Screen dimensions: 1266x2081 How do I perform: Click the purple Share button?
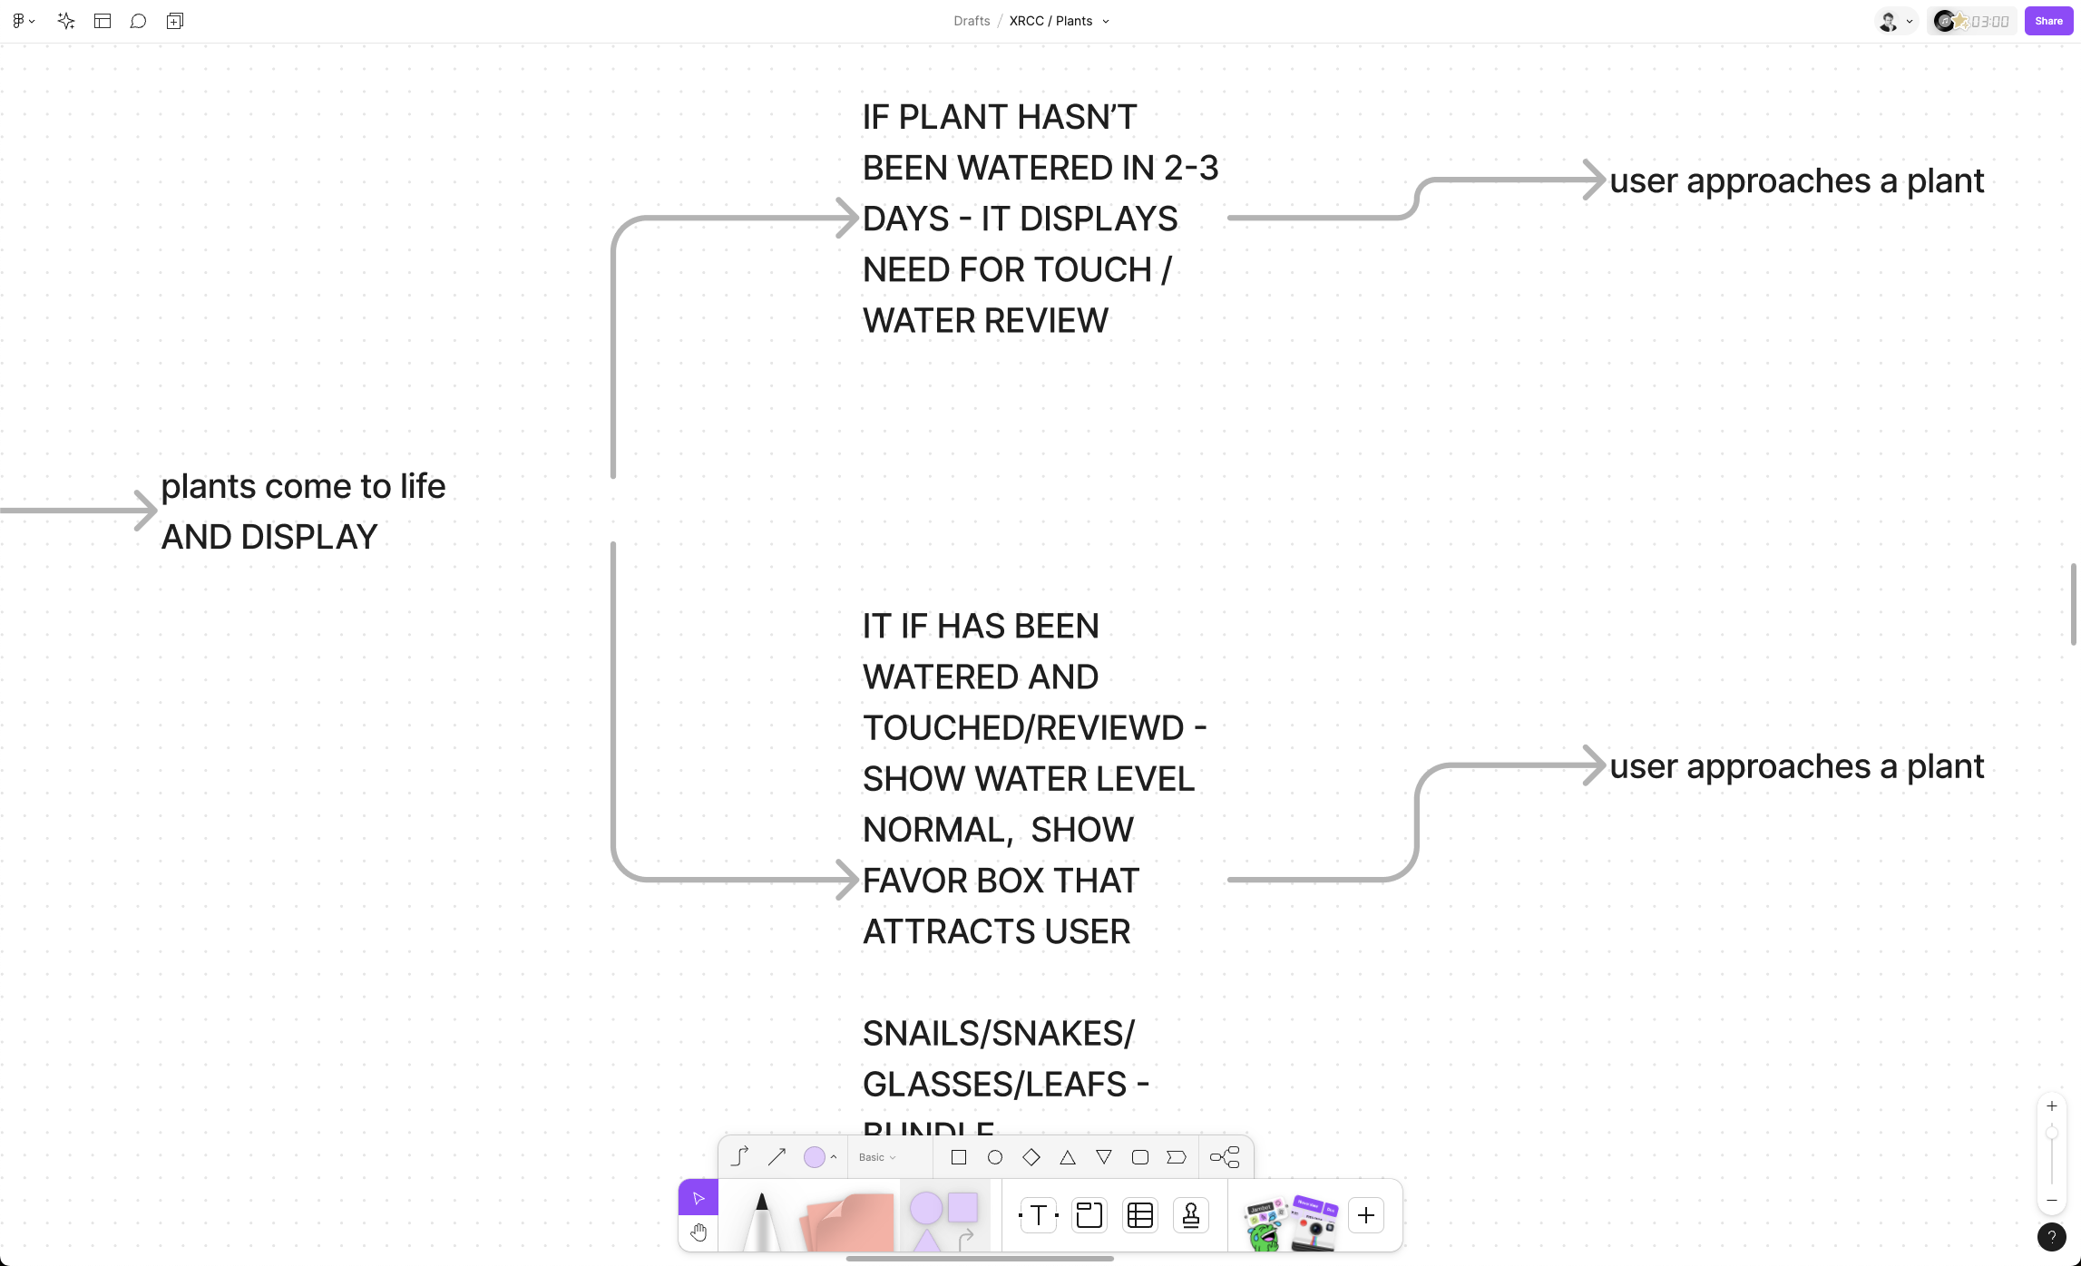point(2047,21)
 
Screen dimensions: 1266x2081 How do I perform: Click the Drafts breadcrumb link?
point(971,21)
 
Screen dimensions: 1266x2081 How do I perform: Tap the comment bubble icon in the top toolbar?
point(138,21)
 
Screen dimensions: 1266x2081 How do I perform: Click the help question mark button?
point(2051,1236)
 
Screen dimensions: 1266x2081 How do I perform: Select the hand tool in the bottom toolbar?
point(698,1232)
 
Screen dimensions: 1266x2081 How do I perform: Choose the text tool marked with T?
point(1039,1215)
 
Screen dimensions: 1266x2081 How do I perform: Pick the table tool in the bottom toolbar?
point(1140,1215)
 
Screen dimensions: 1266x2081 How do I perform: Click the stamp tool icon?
point(1191,1215)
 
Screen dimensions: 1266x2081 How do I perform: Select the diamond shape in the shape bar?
point(1031,1157)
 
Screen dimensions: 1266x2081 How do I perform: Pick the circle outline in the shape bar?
point(995,1157)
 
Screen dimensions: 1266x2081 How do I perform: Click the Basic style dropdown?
point(877,1157)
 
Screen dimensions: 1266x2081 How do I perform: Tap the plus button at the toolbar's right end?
point(1366,1215)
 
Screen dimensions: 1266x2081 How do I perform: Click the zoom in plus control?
point(2052,1106)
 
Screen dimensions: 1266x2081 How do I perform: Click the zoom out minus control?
point(2052,1201)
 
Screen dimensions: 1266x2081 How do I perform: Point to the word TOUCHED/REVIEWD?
point(1023,728)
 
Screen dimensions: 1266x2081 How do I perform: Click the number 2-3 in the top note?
point(1191,168)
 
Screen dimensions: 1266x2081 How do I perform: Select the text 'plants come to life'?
point(303,487)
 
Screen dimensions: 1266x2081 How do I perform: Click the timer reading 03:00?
point(1989,21)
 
